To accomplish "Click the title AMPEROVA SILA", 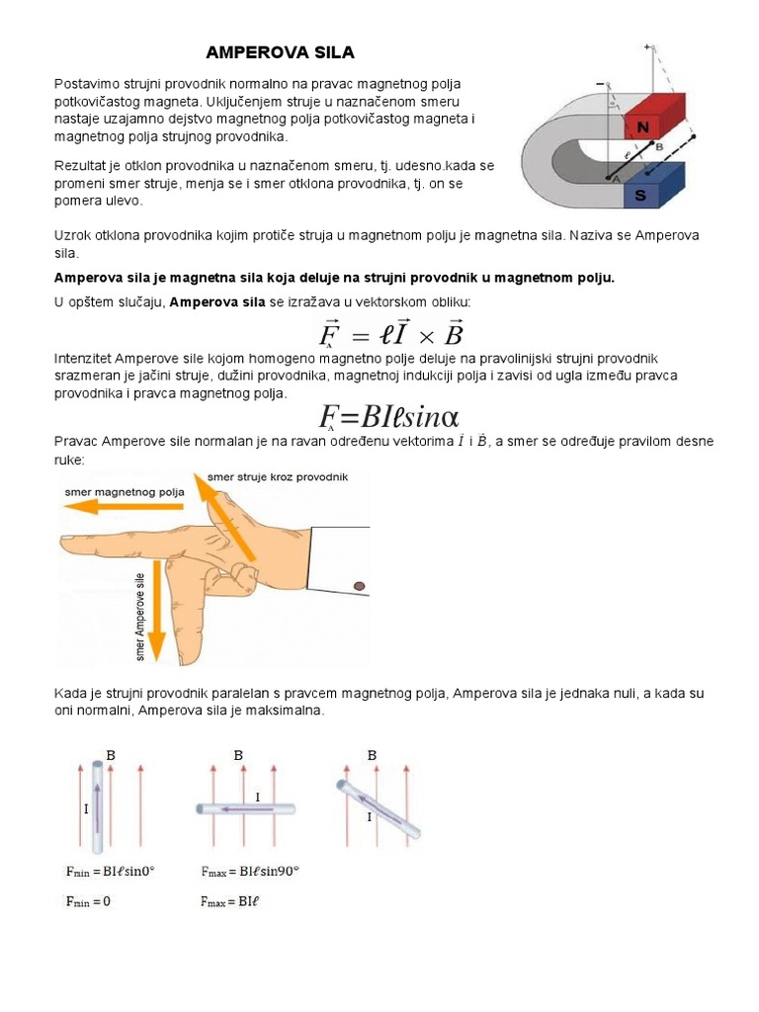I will click(x=280, y=51).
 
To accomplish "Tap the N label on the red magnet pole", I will click(x=643, y=126).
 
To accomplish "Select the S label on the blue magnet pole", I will click(x=640, y=196).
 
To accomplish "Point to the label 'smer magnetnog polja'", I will click(x=126, y=491).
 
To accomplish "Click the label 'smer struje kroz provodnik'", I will click(x=278, y=476).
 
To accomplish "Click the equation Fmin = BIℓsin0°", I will click(x=110, y=872).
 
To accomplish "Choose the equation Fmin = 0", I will click(x=88, y=901).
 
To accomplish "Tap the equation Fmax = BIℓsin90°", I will click(x=250, y=872).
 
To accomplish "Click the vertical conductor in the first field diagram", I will click(x=97, y=805).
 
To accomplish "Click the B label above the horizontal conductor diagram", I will click(x=238, y=755).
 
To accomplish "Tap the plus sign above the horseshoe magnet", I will click(x=647, y=46).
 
